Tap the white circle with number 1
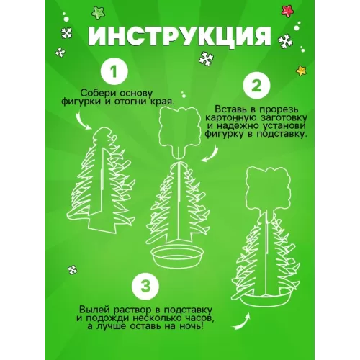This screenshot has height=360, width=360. (114, 71)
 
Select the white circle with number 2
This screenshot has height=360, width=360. (256, 86)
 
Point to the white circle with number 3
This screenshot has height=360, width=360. (145, 287)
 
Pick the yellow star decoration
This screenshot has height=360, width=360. (301, 71)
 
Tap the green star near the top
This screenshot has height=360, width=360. (98, 13)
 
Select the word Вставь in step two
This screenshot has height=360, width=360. (232, 109)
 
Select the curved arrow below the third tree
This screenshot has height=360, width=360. (241, 322)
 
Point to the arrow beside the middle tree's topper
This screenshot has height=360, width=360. (210, 154)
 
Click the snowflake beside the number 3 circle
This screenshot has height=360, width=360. (72, 270)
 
